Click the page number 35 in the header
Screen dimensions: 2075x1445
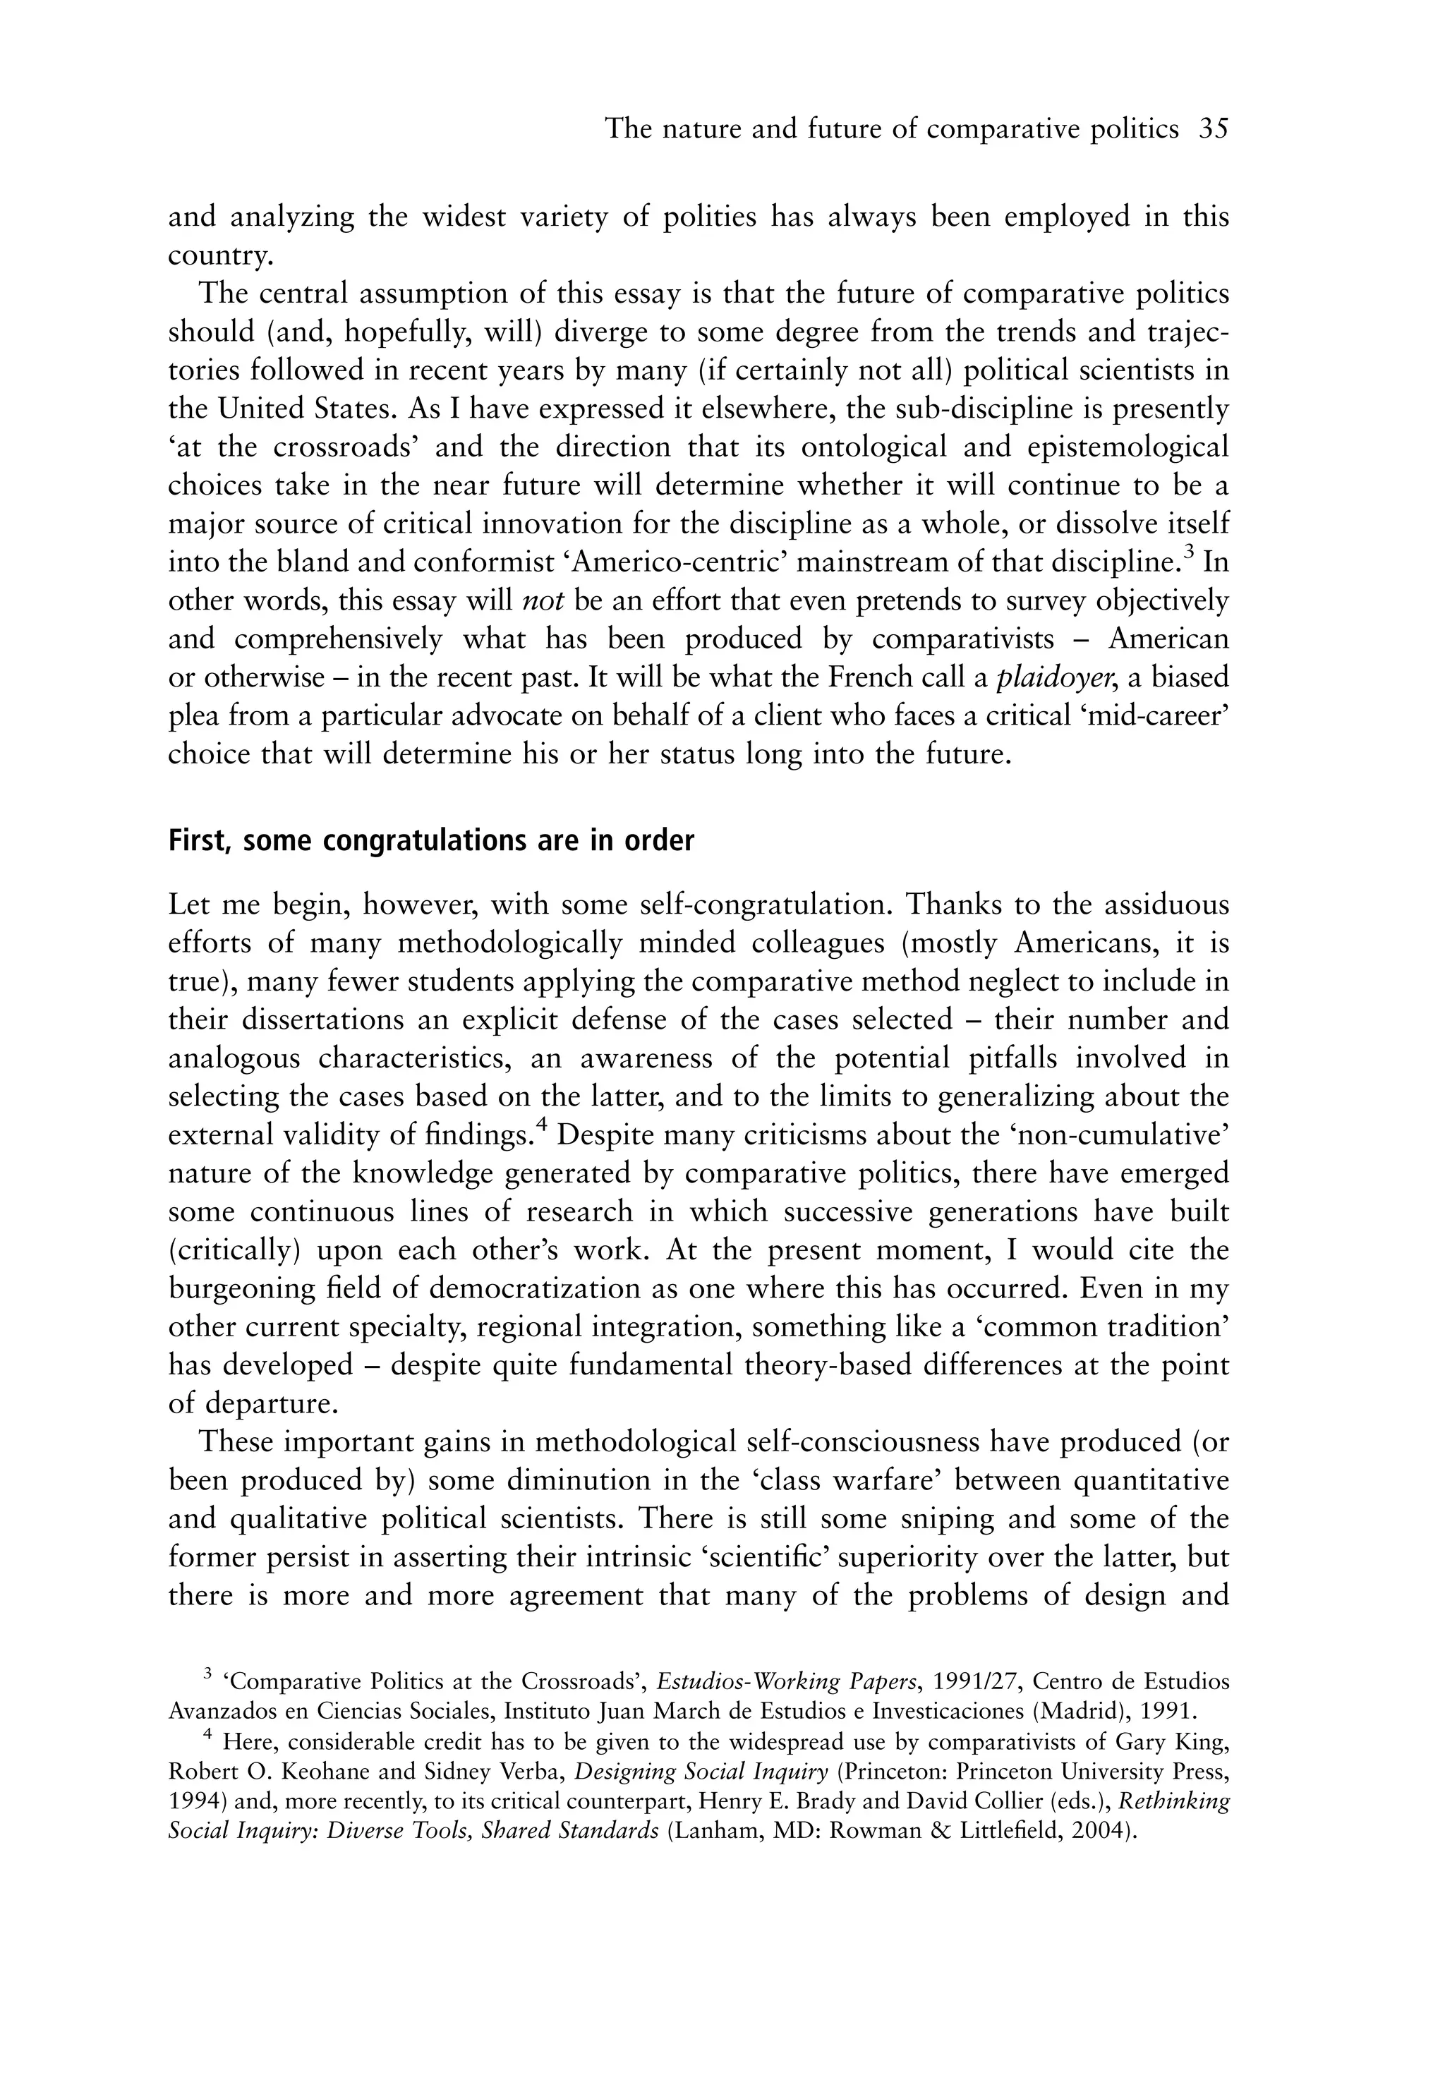(x=1214, y=129)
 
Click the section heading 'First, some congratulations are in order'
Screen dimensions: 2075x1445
(x=431, y=840)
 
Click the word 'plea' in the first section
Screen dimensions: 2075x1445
(x=193, y=715)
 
